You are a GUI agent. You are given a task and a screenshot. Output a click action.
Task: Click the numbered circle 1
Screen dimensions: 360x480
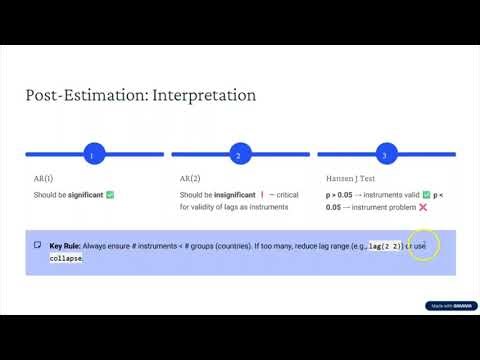(x=92, y=155)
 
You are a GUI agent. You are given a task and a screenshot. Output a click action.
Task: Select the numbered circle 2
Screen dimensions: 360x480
(x=238, y=155)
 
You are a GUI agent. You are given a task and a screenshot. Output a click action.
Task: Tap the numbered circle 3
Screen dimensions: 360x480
(x=385, y=155)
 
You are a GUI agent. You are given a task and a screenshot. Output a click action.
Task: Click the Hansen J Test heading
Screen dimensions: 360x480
(x=351, y=177)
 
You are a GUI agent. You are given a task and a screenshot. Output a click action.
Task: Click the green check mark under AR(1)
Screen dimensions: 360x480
(x=110, y=194)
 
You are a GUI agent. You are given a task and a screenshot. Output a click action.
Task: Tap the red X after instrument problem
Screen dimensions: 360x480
(x=423, y=207)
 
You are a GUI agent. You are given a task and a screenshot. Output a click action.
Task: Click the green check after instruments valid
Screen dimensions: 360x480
(x=425, y=194)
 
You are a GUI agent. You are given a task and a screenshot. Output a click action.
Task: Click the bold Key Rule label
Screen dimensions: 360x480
(x=66, y=245)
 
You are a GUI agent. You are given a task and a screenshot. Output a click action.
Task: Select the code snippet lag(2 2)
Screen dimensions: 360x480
(x=384, y=245)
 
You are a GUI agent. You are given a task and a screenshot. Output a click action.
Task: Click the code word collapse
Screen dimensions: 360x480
(x=66, y=258)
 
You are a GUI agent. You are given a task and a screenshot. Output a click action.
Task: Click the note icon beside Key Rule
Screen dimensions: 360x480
(x=37, y=245)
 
